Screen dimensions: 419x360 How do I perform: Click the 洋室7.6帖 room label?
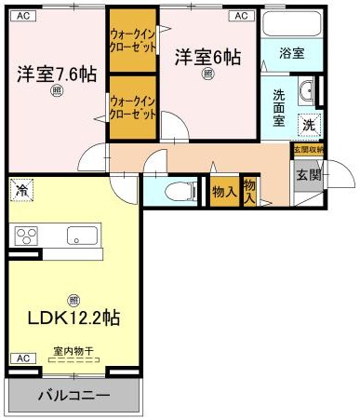54,74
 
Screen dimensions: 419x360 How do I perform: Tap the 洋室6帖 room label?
207,57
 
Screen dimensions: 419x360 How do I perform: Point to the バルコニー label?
73,396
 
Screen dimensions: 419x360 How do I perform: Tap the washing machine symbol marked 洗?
308,125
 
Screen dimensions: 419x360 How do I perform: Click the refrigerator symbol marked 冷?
22,191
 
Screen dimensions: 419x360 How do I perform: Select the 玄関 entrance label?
307,174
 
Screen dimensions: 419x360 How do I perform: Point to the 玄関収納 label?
308,149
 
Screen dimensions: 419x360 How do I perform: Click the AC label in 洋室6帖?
241,16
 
